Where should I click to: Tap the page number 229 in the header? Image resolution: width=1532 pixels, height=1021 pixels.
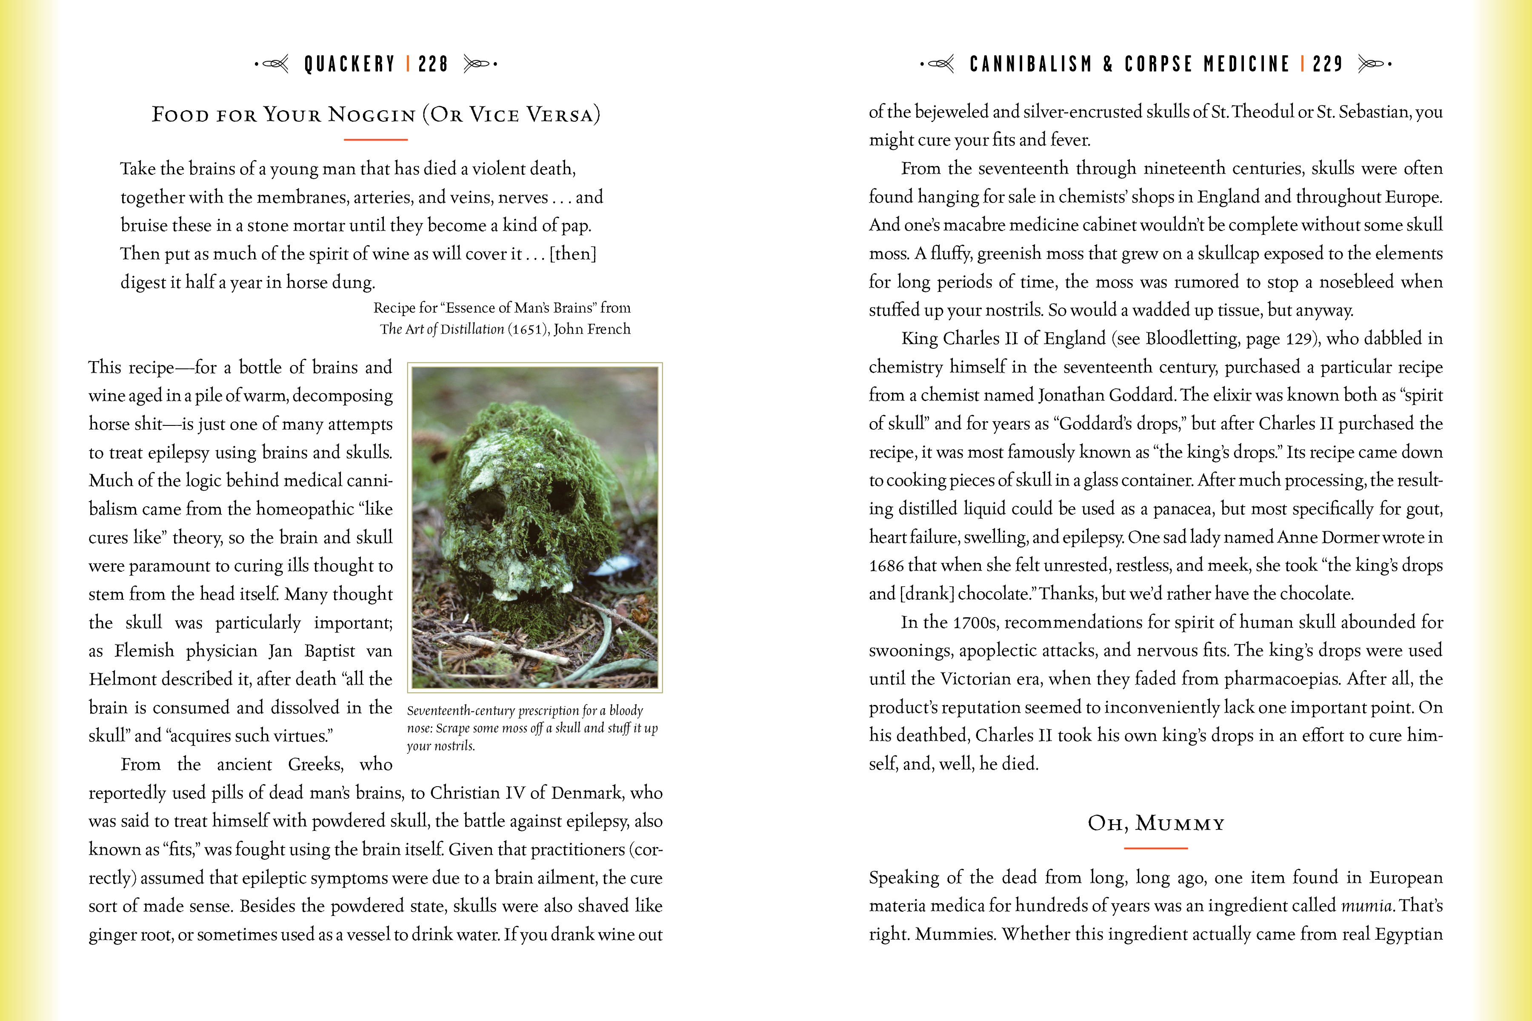1327,64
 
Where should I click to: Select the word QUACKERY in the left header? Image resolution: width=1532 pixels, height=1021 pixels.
350,64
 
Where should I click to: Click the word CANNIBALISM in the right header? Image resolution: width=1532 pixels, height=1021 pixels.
1030,64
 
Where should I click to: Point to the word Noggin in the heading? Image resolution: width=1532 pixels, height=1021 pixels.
372,114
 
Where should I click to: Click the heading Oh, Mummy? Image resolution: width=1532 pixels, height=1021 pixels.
1156,824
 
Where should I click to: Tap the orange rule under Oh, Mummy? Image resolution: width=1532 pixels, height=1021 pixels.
1156,848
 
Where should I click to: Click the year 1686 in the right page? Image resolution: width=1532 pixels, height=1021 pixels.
886,565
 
